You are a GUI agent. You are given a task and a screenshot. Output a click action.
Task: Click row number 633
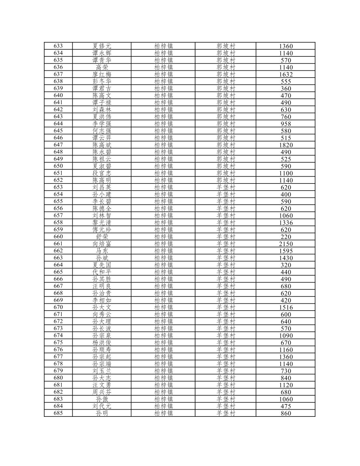[58, 46]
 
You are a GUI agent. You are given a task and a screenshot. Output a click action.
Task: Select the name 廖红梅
[102, 74]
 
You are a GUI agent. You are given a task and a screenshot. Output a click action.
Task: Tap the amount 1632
[286, 74]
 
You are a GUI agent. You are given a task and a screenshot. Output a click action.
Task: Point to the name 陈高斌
[102, 145]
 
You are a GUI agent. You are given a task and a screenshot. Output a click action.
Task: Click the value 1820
[286, 145]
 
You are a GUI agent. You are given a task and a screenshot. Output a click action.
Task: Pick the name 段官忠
[102, 173]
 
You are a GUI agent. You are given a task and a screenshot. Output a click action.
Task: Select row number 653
[58, 187]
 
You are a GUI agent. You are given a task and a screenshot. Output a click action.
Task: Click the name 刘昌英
[102, 187]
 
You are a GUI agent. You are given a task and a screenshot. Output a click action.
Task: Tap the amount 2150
[286, 244]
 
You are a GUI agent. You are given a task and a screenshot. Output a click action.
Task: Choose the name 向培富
[102, 244]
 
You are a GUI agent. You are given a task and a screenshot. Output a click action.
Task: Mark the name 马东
[102, 251]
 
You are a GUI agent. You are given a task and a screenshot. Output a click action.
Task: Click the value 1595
[286, 251]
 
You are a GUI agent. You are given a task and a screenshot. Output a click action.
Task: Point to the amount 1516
[286, 307]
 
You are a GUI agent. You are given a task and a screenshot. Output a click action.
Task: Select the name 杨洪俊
[102, 342]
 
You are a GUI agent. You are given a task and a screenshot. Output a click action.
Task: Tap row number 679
[58, 371]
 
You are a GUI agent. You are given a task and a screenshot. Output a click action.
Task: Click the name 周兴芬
[102, 392]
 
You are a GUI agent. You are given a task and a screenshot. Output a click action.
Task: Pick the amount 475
[286, 406]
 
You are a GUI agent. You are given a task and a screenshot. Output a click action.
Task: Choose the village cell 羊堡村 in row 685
[226, 413]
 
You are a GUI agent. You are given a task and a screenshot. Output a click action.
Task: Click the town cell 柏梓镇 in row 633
[163, 46]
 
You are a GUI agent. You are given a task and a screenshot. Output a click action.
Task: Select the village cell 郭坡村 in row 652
[226, 180]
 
